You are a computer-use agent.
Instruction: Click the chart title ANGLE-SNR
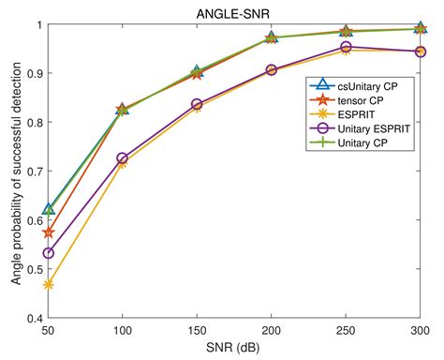coord(234,10)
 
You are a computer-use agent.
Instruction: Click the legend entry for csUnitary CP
coord(361,85)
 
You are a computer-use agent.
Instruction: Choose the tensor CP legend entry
coord(355,99)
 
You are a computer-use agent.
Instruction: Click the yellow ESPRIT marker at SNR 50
coord(48,284)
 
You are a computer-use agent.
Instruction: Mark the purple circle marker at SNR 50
coord(48,253)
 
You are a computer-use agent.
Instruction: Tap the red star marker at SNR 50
coord(48,232)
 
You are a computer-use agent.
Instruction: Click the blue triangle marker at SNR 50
coord(48,209)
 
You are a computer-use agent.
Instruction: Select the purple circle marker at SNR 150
coord(197,104)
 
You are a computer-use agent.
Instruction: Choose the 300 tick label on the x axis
coord(419,332)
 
